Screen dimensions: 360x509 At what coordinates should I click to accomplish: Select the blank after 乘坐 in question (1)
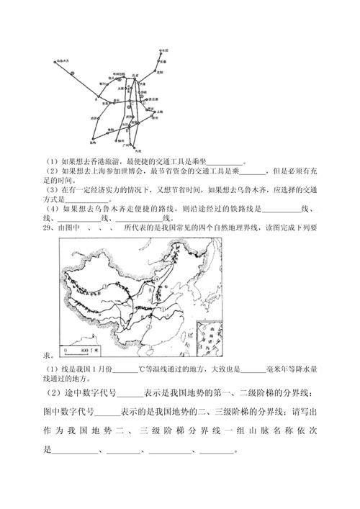tap(224, 161)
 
